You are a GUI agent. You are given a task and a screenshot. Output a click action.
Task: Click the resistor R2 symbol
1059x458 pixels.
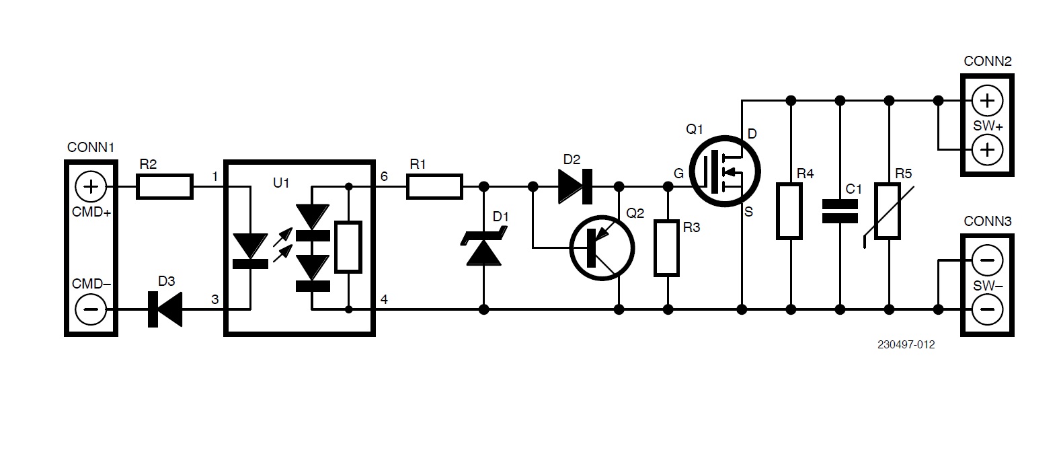(x=165, y=186)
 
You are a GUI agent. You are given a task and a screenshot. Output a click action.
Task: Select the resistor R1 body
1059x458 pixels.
(x=434, y=186)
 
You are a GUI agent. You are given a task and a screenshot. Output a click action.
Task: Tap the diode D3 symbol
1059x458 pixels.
(x=165, y=309)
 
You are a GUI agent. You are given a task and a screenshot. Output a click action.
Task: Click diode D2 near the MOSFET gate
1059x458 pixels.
(x=575, y=186)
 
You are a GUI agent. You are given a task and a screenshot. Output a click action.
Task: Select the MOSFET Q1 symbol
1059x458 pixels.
(x=725, y=172)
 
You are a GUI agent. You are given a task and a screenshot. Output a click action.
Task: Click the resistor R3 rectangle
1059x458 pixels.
(x=667, y=248)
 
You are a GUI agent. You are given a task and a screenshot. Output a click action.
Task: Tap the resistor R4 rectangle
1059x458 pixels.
(x=790, y=210)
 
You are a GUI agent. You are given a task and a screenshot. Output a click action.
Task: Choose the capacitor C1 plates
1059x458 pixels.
(x=840, y=211)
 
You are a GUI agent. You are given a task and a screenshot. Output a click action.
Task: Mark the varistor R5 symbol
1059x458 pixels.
(x=888, y=211)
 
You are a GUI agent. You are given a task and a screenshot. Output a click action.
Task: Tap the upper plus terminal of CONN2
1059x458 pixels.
(x=986, y=100)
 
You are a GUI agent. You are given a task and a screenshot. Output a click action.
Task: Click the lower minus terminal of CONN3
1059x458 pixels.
(x=986, y=309)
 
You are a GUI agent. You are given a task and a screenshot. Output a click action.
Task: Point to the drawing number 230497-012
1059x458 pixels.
(x=905, y=345)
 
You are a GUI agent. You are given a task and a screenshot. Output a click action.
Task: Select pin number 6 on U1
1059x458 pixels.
(x=384, y=176)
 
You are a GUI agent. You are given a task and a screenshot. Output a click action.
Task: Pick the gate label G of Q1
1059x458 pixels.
(x=678, y=174)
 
